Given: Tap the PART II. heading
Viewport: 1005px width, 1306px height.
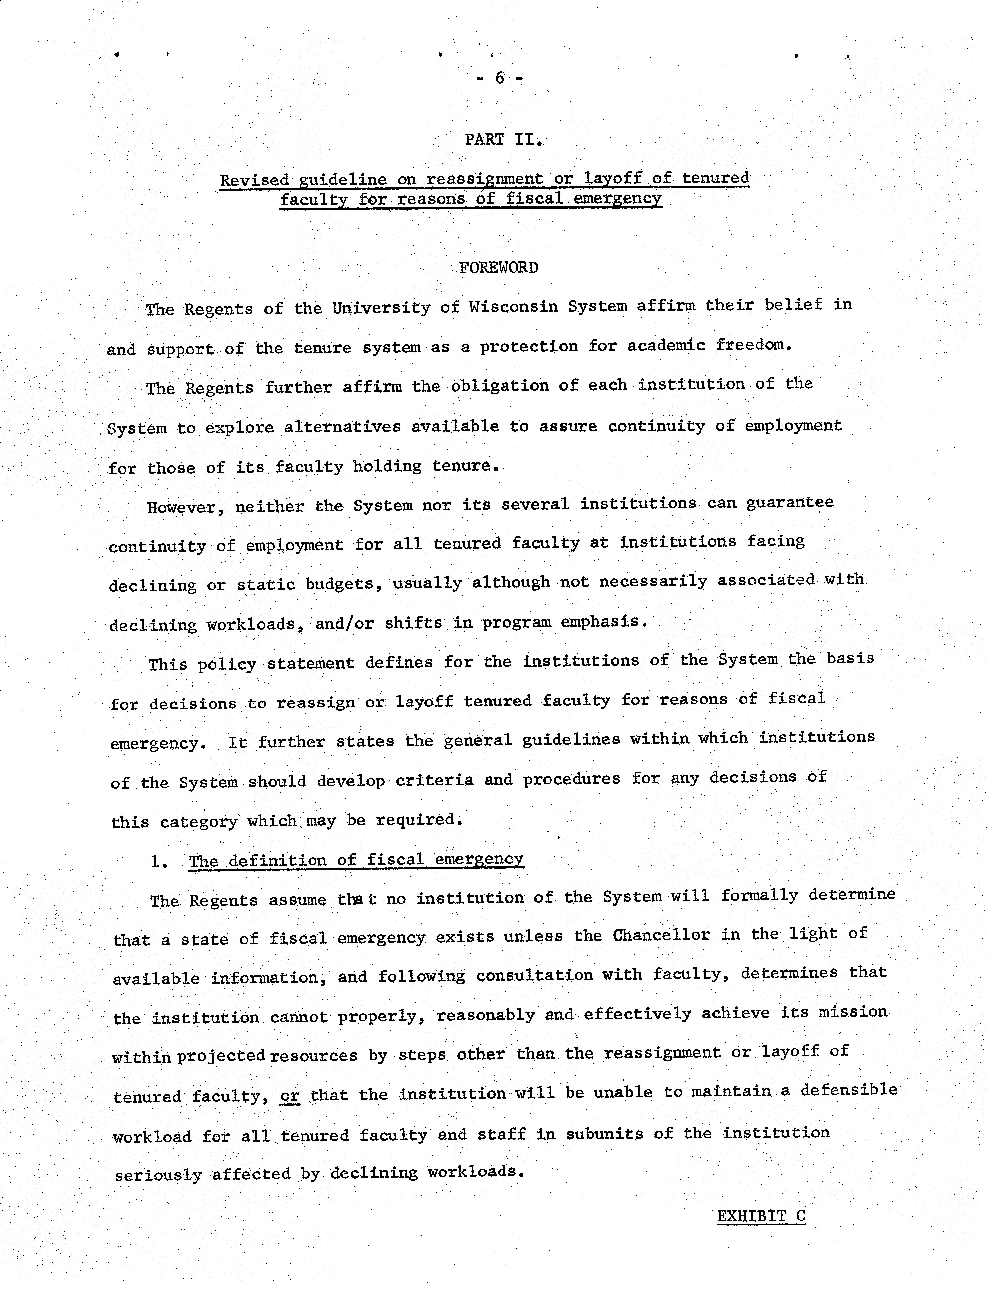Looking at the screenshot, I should point(503,140).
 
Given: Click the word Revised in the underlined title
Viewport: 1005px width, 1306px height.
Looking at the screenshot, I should point(254,180).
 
